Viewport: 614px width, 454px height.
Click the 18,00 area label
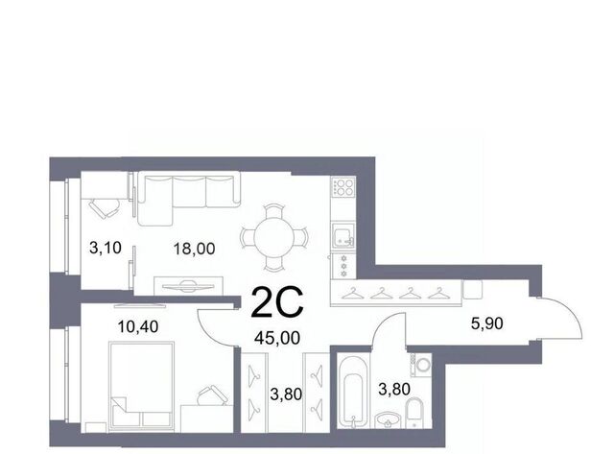194,249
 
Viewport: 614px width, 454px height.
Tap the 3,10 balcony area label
106,248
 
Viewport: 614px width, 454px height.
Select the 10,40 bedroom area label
138,326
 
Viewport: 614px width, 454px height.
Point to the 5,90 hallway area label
486,323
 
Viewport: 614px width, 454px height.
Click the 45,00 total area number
277,338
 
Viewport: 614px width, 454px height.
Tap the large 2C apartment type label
277,302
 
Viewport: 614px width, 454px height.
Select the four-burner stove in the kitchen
343,187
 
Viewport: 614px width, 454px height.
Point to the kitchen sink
343,235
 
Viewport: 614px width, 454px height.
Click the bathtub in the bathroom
352,392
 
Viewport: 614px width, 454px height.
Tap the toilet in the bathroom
413,413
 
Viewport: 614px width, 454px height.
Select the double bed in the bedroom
142,386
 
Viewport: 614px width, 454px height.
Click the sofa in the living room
189,199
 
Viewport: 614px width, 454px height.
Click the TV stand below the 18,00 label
188,286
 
